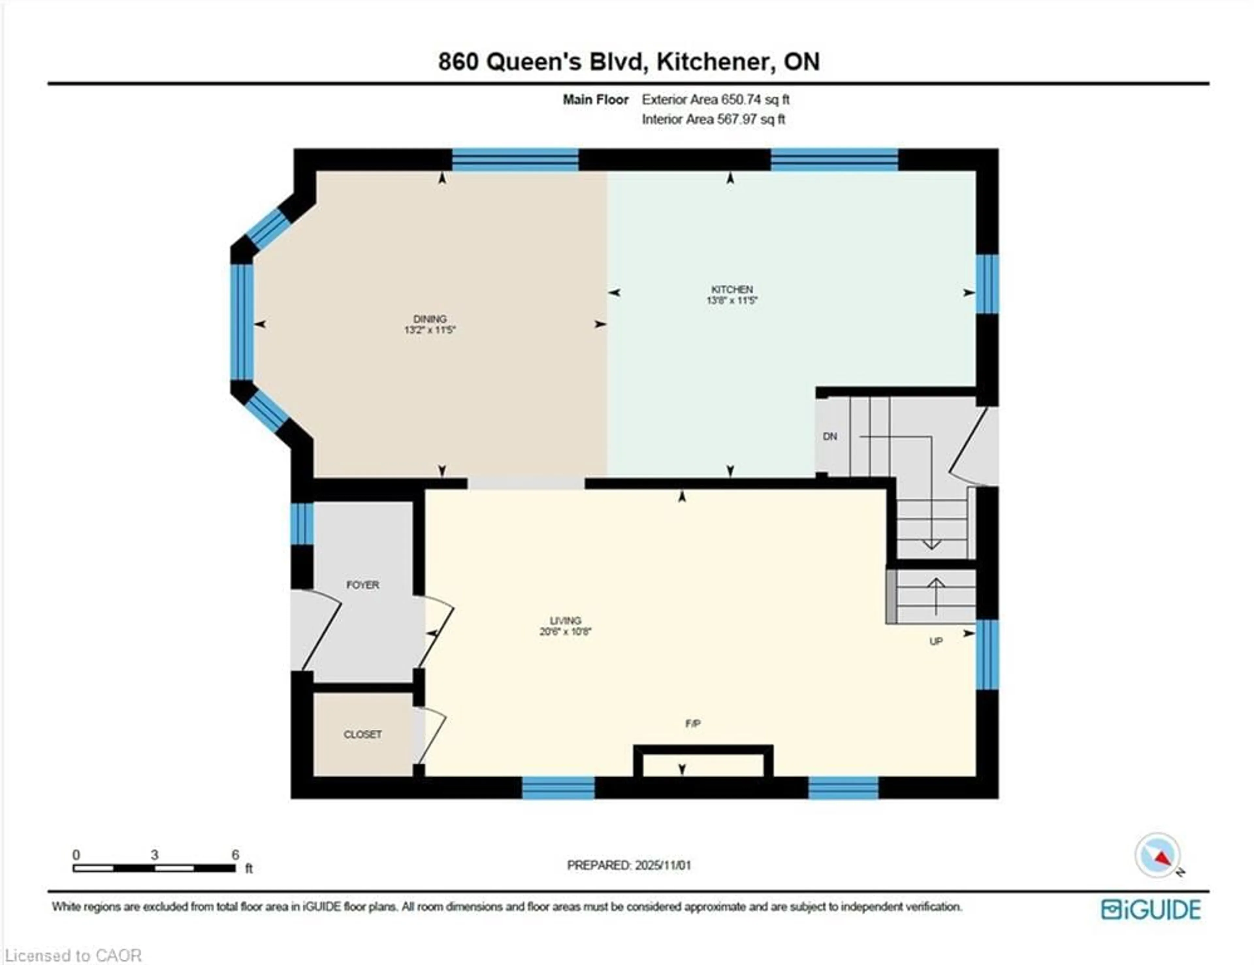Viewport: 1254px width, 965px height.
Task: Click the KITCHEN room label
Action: (731, 289)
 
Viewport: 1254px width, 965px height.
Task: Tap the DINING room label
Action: (429, 319)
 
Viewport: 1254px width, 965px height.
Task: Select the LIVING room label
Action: (566, 620)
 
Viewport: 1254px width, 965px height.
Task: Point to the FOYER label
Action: (362, 585)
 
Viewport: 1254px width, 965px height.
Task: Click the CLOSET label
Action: (362, 734)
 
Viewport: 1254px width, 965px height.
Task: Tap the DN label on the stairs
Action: (830, 436)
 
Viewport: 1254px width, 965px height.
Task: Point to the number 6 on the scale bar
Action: (235, 855)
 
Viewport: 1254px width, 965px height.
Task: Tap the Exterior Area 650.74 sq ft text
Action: (715, 99)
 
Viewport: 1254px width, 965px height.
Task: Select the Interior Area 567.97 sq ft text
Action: (713, 120)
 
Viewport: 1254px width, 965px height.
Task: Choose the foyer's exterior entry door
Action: (319, 629)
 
